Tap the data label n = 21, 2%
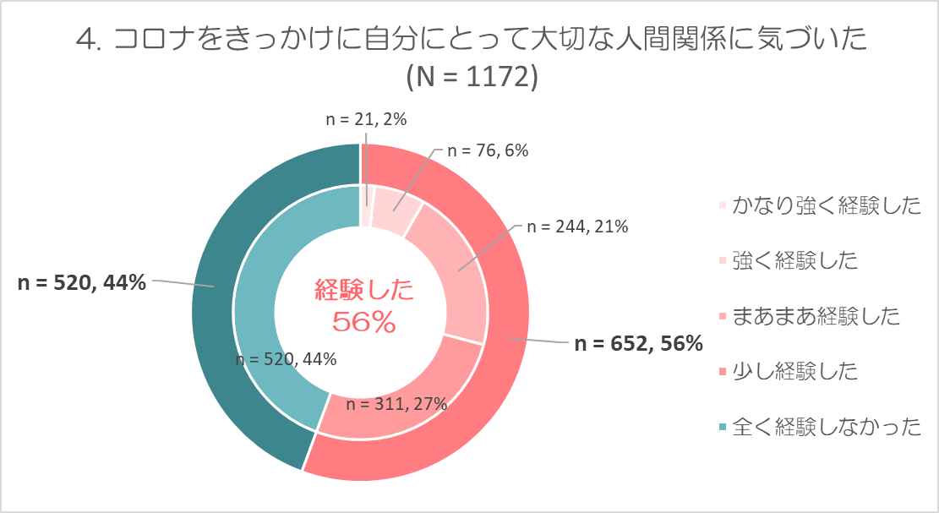[x=367, y=120]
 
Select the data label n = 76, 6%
[x=488, y=151]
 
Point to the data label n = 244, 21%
[x=577, y=227]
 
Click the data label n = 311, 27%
[x=397, y=403]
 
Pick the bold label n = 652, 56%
[x=638, y=343]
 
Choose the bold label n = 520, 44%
[x=82, y=283]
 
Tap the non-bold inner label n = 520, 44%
[x=285, y=359]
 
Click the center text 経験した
[x=364, y=292]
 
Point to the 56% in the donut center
[x=364, y=321]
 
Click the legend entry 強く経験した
[x=794, y=260]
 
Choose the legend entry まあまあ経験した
[x=816, y=316]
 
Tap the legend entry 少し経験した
[x=794, y=371]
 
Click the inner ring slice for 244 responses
[x=448, y=270]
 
